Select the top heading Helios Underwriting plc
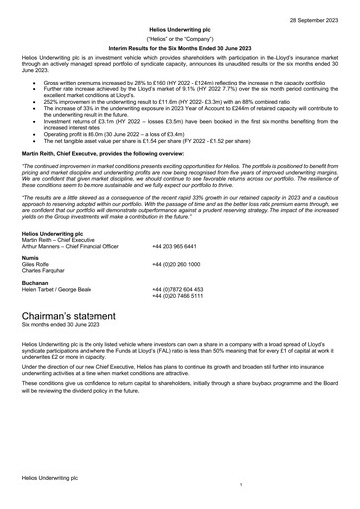point(179,31)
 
